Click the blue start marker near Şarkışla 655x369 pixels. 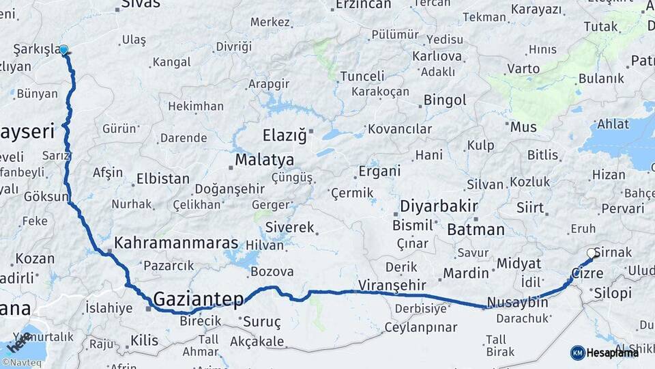tap(63, 50)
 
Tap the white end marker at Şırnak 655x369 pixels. tap(591, 254)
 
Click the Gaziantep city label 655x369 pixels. tap(199, 299)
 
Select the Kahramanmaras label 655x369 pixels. tap(176, 243)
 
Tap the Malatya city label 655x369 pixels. tap(265, 161)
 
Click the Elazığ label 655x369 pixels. tap(286, 134)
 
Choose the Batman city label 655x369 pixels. tap(476, 230)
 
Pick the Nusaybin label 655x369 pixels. tap(518, 302)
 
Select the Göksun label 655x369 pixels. tap(46, 197)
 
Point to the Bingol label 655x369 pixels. tap(445, 100)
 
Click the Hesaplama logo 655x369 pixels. tap(605, 353)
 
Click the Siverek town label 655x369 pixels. tap(289, 227)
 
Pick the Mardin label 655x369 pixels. tap(466, 273)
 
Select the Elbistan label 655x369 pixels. tap(163, 179)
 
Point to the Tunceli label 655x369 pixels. tap(362, 76)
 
